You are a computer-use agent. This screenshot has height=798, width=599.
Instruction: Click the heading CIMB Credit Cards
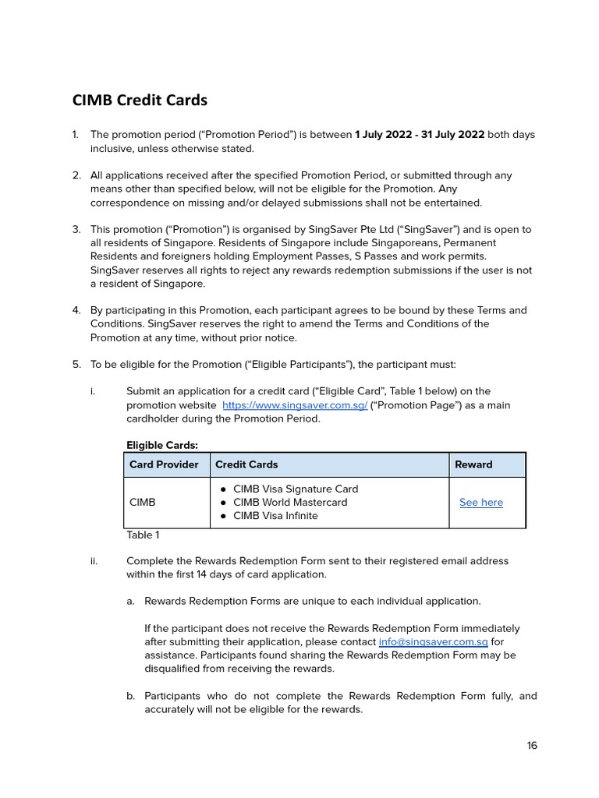click(140, 101)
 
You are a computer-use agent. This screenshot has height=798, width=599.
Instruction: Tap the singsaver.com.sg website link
click(294, 405)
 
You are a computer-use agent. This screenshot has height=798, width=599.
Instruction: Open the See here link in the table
click(480, 503)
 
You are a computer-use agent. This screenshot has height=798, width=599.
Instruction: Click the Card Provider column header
click(164, 464)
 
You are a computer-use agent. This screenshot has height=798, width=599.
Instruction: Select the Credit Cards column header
click(246, 464)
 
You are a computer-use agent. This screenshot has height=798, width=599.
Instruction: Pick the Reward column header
click(473, 464)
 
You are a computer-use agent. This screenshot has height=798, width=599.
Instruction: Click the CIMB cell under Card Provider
click(142, 503)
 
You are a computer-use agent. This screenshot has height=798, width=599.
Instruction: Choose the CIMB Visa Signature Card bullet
click(296, 489)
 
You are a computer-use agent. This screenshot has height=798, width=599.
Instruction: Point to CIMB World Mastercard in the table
click(290, 503)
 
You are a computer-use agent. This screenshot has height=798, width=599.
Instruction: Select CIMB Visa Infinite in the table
click(275, 516)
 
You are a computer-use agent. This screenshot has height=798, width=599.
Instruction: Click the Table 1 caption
click(143, 535)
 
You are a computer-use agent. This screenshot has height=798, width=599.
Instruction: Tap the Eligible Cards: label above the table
click(162, 446)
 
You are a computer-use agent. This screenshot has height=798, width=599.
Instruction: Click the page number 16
click(532, 746)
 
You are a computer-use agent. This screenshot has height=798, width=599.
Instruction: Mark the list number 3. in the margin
click(76, 229)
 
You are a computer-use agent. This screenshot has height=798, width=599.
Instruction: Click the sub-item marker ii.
click(94, 561)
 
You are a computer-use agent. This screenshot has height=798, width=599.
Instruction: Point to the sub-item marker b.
click(130, 696)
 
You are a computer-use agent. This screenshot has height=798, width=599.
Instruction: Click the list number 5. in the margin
click(76, 364)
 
